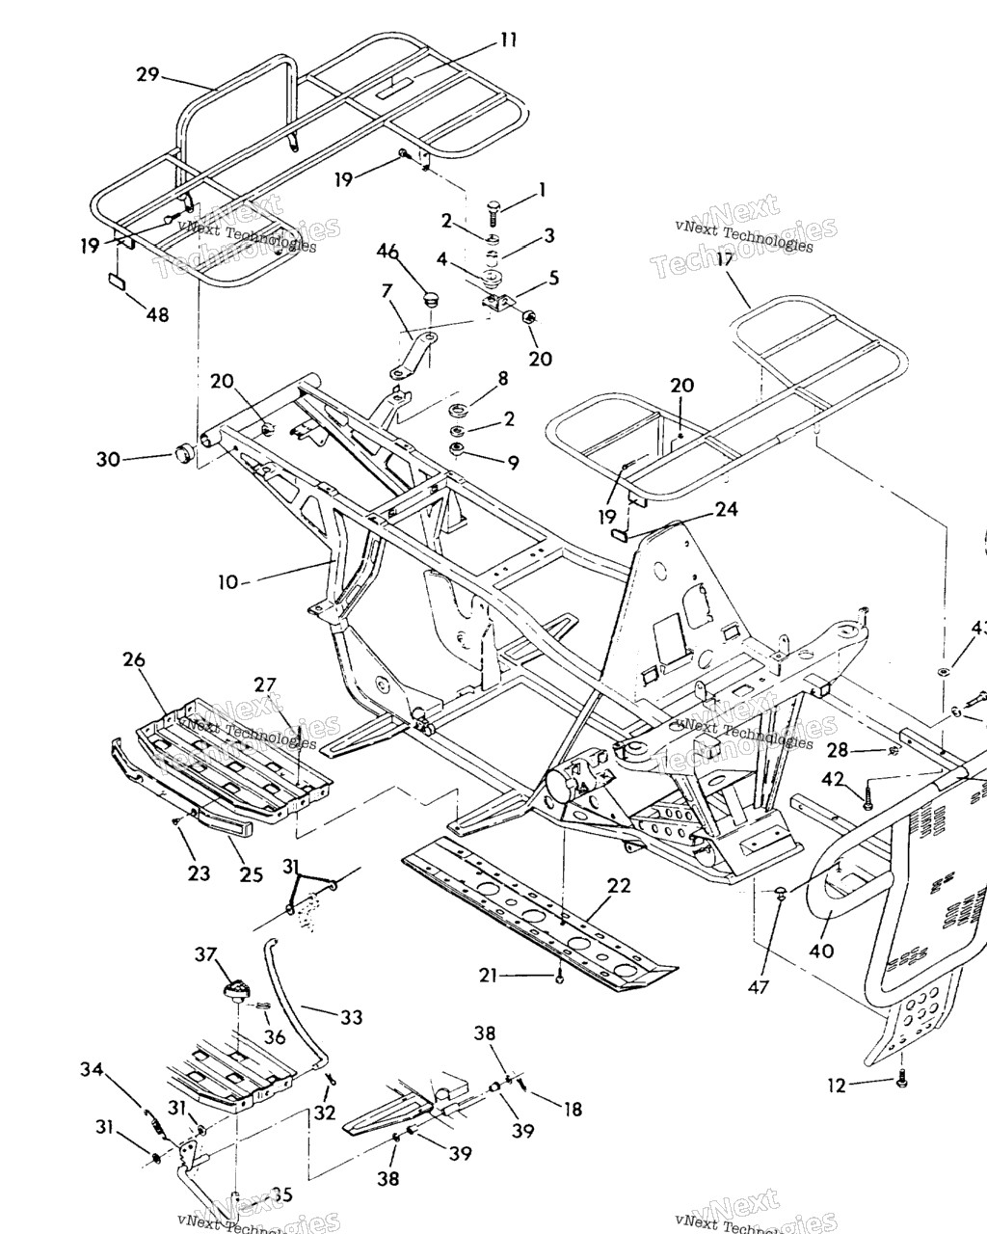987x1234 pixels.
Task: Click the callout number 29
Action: [147, 74]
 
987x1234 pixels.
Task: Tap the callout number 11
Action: [508, 40]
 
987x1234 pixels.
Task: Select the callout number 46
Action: [387, 252]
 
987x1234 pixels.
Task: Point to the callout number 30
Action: [108, 459]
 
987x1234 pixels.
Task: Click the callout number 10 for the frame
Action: [227, 581]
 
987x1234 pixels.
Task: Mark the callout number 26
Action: [134, 660]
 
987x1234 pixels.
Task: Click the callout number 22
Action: [619, 885]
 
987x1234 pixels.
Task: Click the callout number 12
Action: [836, 1086]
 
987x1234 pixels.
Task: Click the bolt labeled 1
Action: [493, 207]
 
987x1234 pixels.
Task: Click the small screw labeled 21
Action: [559, 979]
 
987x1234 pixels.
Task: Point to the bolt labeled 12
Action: [901, 1081]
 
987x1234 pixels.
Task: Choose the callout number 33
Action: [351, 1016]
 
